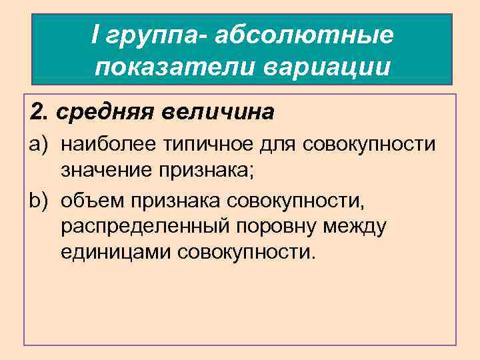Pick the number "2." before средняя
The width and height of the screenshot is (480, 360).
tap(40, 112)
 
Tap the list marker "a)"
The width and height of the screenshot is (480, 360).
tap(39, 144)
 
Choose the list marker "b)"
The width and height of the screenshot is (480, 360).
tap(39, 200)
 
